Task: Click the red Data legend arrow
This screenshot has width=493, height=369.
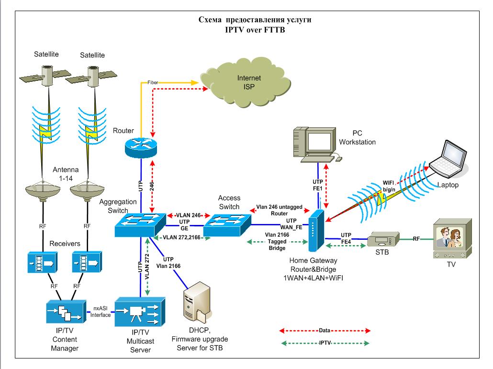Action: [x=325, y=330]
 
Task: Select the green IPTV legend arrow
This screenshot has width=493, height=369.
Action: [x=325, y=343]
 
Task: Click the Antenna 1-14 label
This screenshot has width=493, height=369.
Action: [x=65, y=176]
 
